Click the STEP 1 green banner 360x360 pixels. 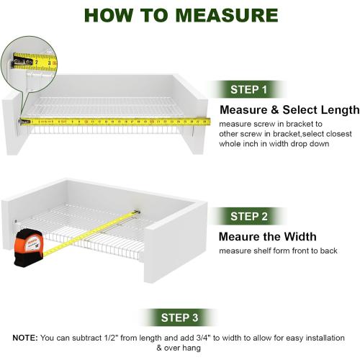coord(248,89)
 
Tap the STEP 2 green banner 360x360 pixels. coord(248,216)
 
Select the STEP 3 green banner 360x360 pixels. coord(179,318)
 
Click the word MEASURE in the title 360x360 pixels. coord(227,15)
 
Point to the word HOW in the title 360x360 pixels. coord(109,15)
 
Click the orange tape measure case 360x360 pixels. coord(29,248)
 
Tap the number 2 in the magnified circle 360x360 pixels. coord(37,62)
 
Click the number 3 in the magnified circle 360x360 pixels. coord(49,63)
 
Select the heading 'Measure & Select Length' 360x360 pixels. coord(289,110)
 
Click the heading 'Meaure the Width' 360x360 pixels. coord(268,237)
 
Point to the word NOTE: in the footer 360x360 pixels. coord(25,338)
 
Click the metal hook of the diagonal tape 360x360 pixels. coord(137,212)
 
